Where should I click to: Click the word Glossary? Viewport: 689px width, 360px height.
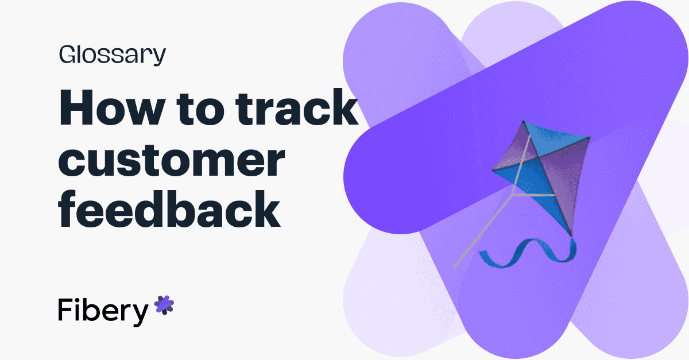click(x=112, y=56)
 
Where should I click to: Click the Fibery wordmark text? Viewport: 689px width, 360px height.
click(x=103, y=311)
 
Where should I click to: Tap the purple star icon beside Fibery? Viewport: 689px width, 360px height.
click(x=164, y=305)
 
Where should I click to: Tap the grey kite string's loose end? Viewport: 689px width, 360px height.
click(x=454, y=267)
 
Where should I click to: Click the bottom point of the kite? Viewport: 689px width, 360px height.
click(x=571, y=235)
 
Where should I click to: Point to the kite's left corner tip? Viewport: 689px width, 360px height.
click(x=493, y=169)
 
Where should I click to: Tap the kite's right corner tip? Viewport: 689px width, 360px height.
click(x=590, y=137)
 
